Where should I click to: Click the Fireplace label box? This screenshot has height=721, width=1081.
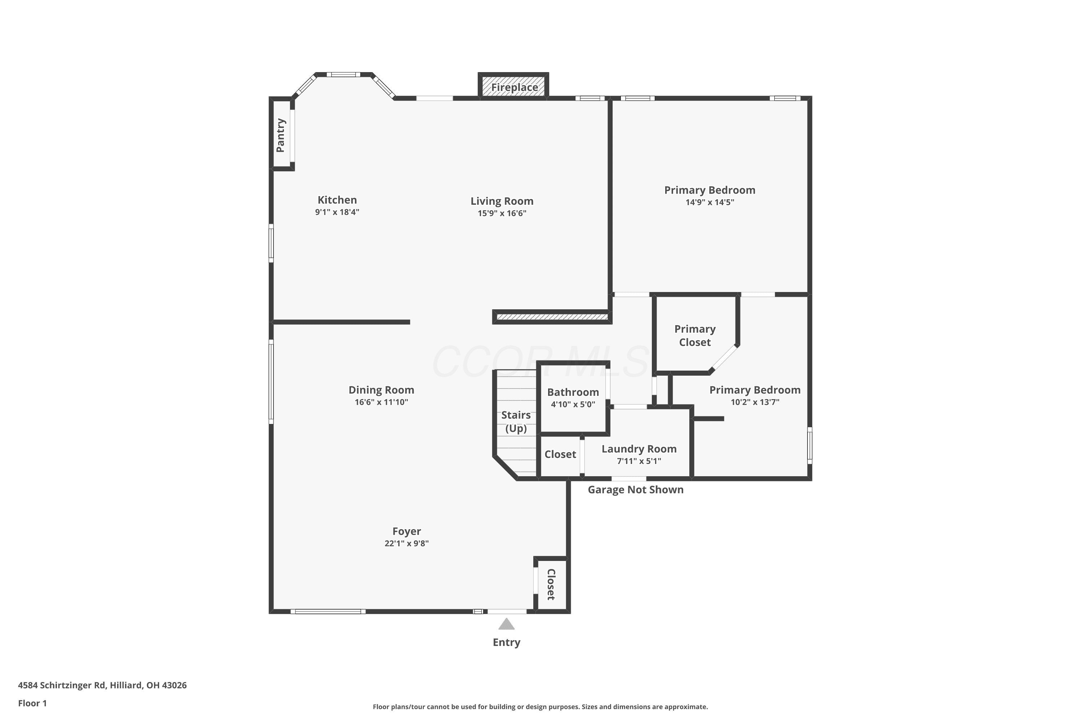(513, 87)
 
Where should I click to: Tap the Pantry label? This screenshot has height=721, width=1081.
(280, 135)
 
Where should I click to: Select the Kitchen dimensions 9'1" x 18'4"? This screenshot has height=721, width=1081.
(337, 212)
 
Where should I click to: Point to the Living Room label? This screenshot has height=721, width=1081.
(502, 201)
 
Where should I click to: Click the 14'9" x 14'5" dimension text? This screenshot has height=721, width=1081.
(709, 202)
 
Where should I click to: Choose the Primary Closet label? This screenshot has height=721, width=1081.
(695, 336)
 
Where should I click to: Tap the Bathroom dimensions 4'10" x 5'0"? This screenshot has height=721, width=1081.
(573, 404)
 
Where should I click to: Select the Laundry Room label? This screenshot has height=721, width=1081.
(639, 449)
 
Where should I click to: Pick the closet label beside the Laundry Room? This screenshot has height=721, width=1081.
(560, 454)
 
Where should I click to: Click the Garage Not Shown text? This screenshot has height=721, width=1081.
(636, 490)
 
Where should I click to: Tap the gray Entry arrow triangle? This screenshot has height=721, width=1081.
(507, 624)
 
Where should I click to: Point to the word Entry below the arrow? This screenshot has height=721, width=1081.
(507, 642)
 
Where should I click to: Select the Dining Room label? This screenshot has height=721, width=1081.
(382, 390)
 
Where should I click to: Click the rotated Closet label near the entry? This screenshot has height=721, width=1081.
(551, 584)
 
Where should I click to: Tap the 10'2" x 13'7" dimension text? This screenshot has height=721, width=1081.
(755, 402)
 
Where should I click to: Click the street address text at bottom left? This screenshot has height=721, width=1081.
(102, 685)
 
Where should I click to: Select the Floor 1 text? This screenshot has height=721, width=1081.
(32, 703)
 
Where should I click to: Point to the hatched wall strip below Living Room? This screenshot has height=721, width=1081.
(552, 317)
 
